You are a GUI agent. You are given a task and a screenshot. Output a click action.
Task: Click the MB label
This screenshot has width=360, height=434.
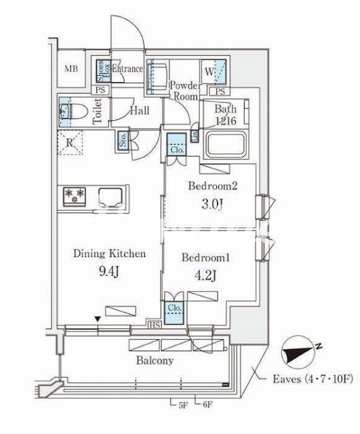(71, 68)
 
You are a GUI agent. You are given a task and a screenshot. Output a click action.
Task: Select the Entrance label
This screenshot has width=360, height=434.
(127, 68)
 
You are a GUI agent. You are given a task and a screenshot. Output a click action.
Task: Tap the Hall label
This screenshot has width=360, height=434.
(140, 111)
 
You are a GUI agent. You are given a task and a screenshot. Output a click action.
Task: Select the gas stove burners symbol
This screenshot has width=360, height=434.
(75, 197)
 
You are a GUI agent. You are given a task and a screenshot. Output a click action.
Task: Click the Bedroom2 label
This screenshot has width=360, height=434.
(210, 185)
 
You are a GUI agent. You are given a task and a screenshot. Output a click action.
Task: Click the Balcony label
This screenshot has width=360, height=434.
(155, 360)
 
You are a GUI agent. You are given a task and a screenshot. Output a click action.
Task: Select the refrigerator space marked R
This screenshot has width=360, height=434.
(71, 143)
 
